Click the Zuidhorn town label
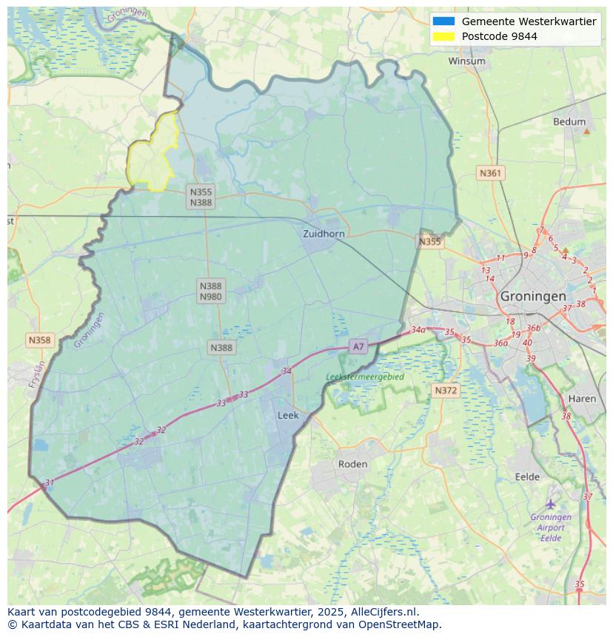(324, 233)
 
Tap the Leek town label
(288, 415)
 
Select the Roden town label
(352, 464)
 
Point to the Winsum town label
(466, 61)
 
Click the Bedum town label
(569, 121)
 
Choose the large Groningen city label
(532, 295)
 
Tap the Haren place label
(582, 398)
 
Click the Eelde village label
(527, 476)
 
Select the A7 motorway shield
(358, 346)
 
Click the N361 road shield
(490, 173)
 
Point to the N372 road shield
(446, 390)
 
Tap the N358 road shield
(39, 340)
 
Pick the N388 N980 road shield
(210, 291)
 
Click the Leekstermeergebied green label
(365, 377)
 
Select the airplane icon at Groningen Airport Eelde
(550, 504)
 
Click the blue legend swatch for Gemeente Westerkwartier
(443, 21)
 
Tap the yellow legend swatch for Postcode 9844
(443, 36)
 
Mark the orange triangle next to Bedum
(587, 131)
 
